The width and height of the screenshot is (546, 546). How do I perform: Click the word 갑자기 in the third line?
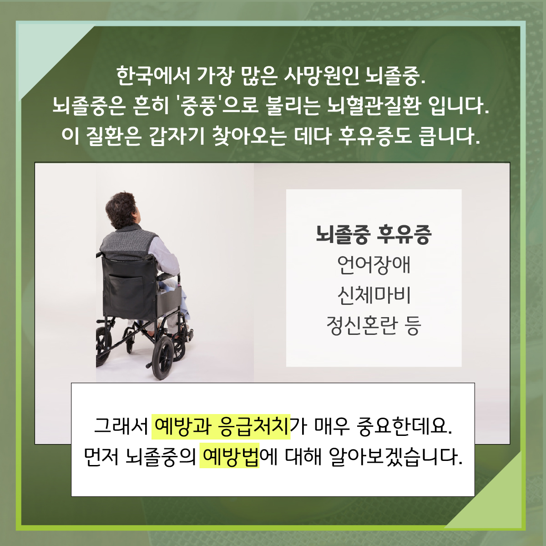pyautogui.click(x=177, y=136)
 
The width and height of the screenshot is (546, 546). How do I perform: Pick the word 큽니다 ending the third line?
pyautogui.click(x=451, y=136)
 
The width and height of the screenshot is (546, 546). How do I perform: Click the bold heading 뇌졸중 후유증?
pyautogui.click(x=374, y=235)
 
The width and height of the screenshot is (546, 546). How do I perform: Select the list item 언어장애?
pyautogui.click(x=374, y=265)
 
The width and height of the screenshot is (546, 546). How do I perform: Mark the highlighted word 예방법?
pyautogui.click(x=229, y=457)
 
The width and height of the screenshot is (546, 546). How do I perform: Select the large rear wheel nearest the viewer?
pyautogui.click(x=163, y=358)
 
